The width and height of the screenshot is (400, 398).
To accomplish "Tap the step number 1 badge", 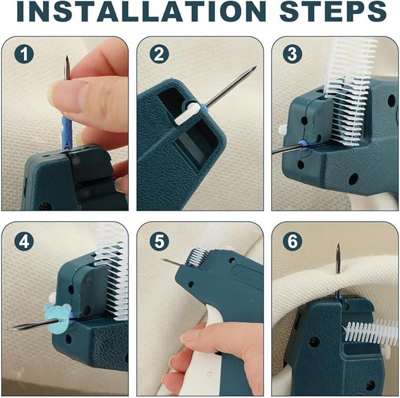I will pos(24,55).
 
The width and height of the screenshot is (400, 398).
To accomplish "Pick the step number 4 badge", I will pos(24,241).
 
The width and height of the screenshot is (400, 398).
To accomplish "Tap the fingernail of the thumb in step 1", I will pos(61,94).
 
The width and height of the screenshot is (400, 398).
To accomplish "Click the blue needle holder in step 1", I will pos(66,133).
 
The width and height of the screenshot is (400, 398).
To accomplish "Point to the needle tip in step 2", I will pos(254,68).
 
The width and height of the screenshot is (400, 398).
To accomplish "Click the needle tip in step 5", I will pos(163,259).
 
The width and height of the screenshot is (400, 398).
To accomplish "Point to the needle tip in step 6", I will pos(338,247).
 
